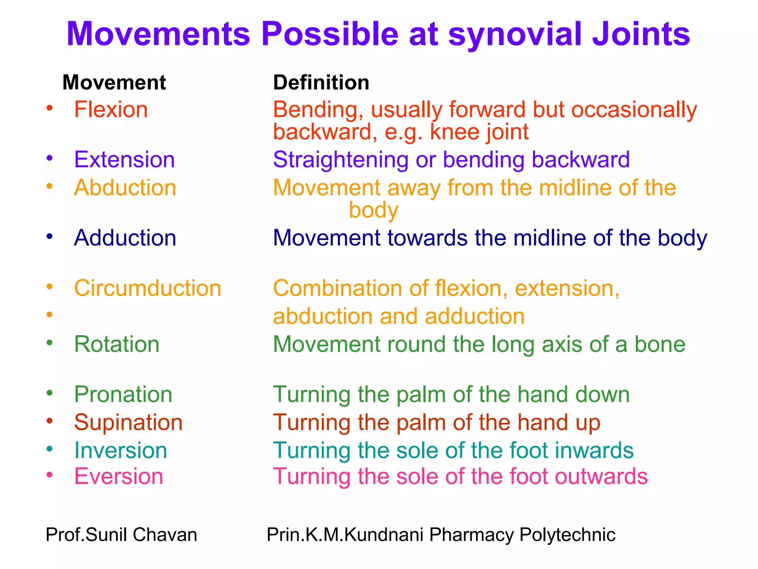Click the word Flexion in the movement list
point(111,110)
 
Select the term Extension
point(124,160)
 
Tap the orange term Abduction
point(125,187)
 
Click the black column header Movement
point(114,82)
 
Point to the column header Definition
point(321,82)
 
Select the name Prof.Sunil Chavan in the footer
point(121,535)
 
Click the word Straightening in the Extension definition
point(341,160)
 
